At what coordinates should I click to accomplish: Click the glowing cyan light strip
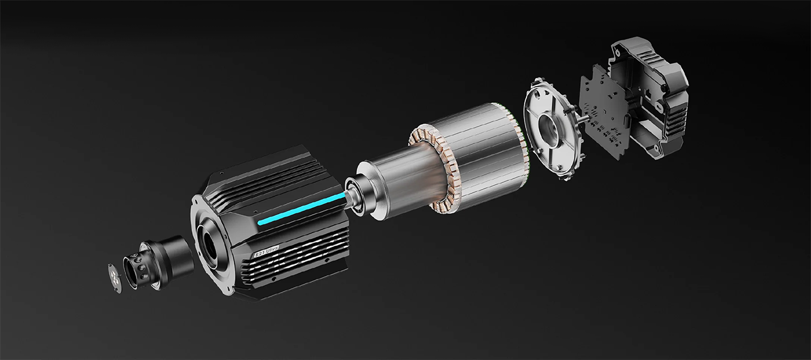299,210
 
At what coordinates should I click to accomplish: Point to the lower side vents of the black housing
293,262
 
